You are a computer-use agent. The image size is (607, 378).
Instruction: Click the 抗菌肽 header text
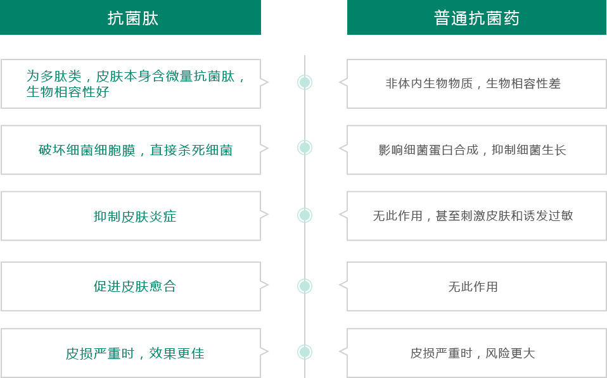[x=132, y=18]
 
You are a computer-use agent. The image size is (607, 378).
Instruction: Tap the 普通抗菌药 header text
[x=476, y=18]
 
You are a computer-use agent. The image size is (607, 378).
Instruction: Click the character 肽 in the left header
[x=150, y=18]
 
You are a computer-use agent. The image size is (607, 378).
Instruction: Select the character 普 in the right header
[x=442, y=18]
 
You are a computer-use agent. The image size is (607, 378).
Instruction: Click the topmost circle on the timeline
[x=305, y=82]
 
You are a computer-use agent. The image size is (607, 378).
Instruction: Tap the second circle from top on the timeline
[x=305, y=148]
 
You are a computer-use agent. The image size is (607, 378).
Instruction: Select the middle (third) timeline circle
[x=305, y=215]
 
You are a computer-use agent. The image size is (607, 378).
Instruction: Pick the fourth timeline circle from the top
[x=305, y=286]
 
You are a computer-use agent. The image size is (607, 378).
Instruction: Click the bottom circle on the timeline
[x=305, y=352]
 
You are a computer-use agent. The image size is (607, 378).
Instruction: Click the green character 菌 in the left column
[x=226, y=151]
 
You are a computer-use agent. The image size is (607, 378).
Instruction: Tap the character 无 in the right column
[x=452, y=287]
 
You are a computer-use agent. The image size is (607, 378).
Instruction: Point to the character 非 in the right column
[x=390, y=84]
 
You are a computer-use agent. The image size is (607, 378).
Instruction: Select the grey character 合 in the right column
[x=461, y=151]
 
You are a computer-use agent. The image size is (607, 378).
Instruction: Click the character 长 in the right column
[x=560, y=151]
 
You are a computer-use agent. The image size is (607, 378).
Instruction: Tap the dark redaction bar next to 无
[x=477, y=287]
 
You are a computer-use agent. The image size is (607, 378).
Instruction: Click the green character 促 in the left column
[x=99, y=287]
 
